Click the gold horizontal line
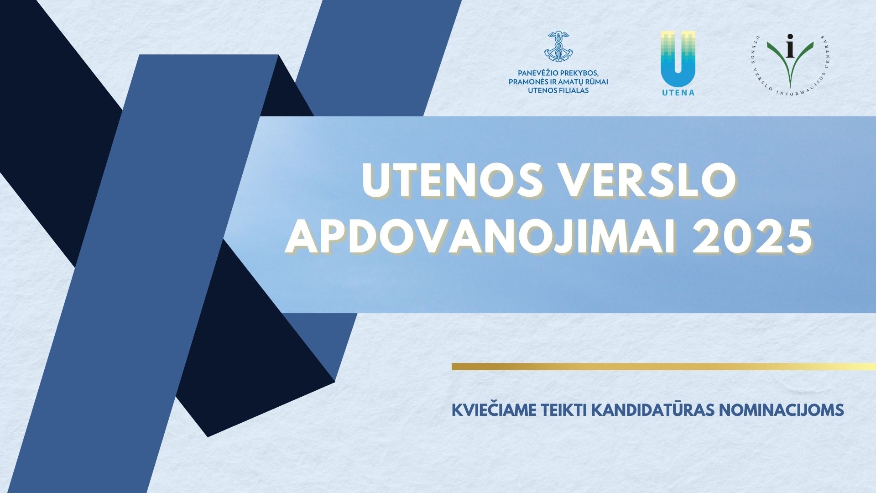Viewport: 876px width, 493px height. point(664,366)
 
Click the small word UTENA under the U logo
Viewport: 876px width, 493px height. point(678,92)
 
